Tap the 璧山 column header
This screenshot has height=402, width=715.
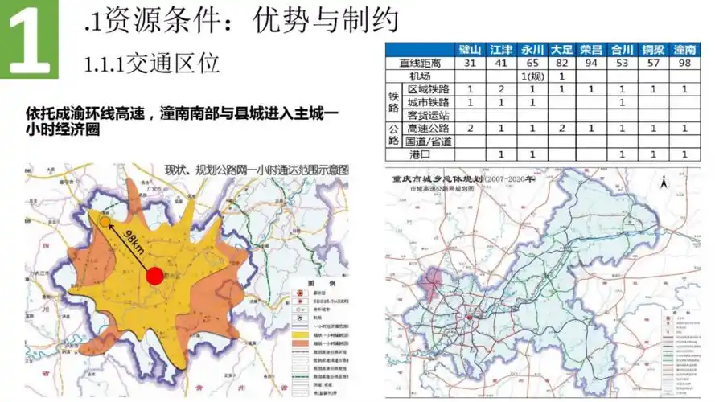[x=470, y=50]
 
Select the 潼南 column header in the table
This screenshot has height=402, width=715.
[x=684, y=50]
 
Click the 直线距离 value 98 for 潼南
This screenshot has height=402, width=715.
[x=684, y=63]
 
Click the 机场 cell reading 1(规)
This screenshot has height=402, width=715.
[x=531, y=76]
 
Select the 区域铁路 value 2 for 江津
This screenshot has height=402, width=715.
[x=500, y=88]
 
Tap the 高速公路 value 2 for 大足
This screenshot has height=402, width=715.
[x=561, y=128]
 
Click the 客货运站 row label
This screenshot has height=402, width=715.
[x=429, y=115]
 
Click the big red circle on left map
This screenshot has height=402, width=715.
[x=154, y=277]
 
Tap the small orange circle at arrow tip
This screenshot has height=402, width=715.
[x=105, y=221]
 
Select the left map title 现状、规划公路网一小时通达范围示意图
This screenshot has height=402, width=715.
[x=257, y=171]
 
